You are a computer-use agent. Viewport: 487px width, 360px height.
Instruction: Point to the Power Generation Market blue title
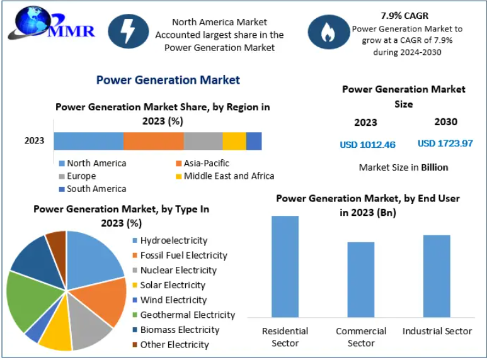tap(168, 80)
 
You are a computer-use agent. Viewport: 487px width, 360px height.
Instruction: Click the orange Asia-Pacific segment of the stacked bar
tap(153, 141)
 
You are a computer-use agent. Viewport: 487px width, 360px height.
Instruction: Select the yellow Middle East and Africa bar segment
tap(234, 141)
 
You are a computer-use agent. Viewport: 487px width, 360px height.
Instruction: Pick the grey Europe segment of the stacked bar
tap(203, 141)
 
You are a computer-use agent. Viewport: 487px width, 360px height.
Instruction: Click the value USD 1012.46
tap(367, 145)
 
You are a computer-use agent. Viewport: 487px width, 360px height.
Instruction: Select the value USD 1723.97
tap(445, 143)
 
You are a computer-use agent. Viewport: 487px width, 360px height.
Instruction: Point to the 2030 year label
tap(445, 121)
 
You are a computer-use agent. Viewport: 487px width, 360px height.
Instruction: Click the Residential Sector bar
tap(285, 266)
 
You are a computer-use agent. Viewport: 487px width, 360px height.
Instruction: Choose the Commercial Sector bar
tap(361, 279)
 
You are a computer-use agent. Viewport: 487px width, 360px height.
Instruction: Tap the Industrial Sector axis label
tap(437, 331)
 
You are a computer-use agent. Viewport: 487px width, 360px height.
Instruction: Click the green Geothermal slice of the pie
tap(25, 299)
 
